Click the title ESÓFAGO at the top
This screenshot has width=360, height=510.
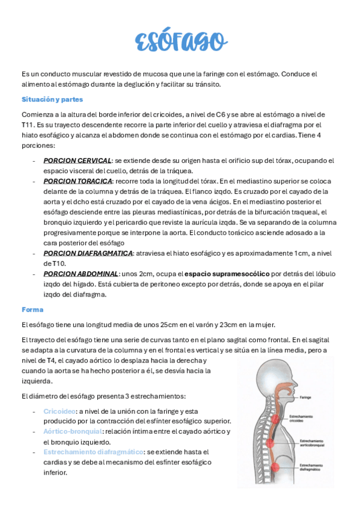pos(180,41)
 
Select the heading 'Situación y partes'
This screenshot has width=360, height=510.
pos(52,99)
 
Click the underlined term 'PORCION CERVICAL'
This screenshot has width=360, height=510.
pos(78,161)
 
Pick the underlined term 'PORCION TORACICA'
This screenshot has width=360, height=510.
pos(78,180)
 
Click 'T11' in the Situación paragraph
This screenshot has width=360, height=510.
pos(28,124)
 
